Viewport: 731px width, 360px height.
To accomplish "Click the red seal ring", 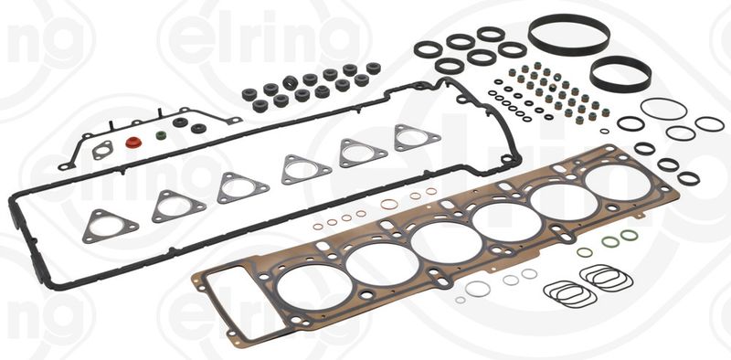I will tap(135, 143).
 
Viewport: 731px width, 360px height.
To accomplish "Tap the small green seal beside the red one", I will tap(161, 138).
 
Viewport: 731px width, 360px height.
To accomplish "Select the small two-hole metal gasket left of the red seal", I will tap(103, 150).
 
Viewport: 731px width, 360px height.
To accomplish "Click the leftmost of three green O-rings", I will tap(584, 251).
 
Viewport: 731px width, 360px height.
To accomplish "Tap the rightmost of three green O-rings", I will tap(629, 236).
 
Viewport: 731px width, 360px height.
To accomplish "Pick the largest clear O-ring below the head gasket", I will tap(477, 289).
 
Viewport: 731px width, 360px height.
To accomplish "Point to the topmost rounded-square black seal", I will tap(491, 34).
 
